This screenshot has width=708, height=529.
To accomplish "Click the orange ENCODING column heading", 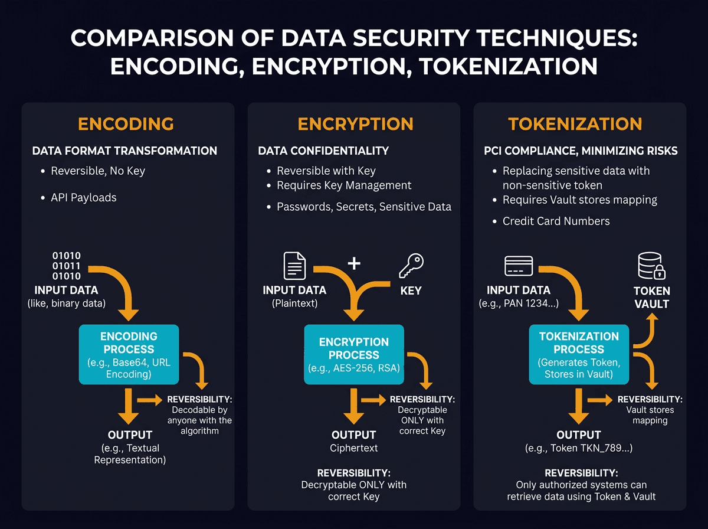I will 126,124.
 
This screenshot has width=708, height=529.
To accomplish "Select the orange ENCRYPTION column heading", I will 355,124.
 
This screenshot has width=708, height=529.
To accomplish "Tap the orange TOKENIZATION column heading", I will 575,124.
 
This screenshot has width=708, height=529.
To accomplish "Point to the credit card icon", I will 519,266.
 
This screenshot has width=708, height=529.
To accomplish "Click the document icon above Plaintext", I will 295,266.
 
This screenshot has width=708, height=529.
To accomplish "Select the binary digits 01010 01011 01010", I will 67,266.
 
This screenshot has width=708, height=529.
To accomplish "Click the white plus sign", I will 353,263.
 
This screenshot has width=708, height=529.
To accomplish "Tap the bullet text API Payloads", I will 83,198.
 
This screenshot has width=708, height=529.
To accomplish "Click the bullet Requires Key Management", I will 344,185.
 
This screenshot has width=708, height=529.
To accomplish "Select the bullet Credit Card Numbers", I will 556,221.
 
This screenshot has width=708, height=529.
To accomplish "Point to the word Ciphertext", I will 353,448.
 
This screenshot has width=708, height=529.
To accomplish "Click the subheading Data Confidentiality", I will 323,151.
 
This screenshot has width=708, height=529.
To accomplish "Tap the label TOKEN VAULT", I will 651,298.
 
